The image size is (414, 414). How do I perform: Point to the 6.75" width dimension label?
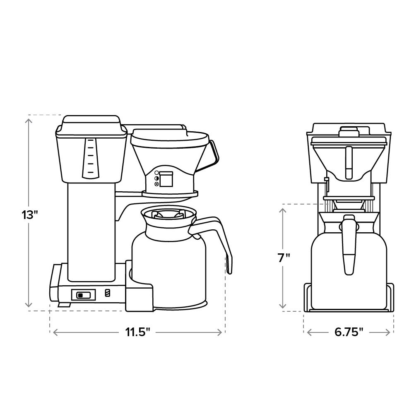pyautogui.click(x=349, y=332)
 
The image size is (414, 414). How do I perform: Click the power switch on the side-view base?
pyautogui.click(x=83, y=295)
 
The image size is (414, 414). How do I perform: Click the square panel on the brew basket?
pyautogui.click(x=166, y=179)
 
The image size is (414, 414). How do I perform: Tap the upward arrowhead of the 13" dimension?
pyautogui.click(x=28, y=120)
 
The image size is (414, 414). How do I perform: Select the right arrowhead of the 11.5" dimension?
pyautogui.click(x=221, y=332)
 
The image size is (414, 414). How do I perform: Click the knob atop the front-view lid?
pyautogui.click(x=349, y=131)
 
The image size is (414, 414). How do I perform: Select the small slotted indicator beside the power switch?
pyautogui.click(x=108, y=293)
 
